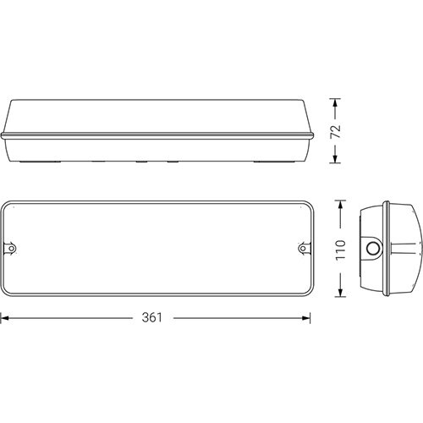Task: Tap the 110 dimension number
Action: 341,249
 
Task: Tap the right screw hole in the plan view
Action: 303,249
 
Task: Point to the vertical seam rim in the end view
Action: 385,249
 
